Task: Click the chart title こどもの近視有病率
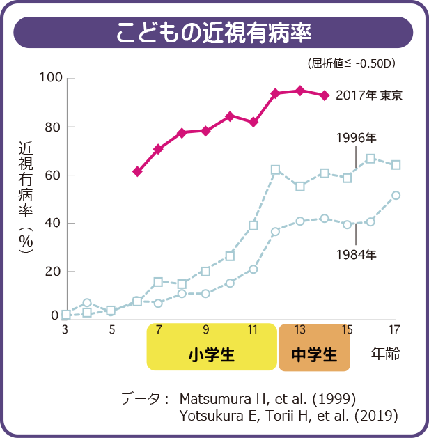(214, 33)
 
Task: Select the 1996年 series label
(355, 137)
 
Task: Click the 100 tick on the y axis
(51, 77)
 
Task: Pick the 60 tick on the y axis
(54, 175)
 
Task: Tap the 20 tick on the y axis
(54, 271)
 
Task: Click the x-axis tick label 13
(299, 329)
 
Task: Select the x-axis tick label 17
(394, 329)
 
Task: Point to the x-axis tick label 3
(65, 329)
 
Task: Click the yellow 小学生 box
(212, 354)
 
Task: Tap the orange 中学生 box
(313, 354)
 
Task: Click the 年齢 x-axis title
(384, 354)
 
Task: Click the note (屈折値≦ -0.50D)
(351, 63)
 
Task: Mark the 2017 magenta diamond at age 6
(137, 171)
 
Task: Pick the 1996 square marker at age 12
(276, 170)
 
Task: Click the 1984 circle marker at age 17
(396, 196)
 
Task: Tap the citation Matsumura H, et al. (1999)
(268, 399)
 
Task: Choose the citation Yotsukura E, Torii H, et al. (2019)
(288, 416)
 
